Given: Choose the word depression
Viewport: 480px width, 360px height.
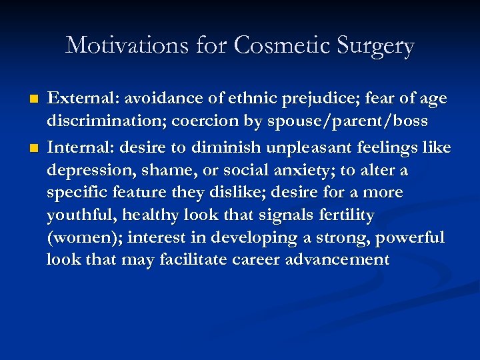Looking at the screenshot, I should click(86, 171).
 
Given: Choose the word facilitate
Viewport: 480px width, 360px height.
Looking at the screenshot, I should click(194, 260).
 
